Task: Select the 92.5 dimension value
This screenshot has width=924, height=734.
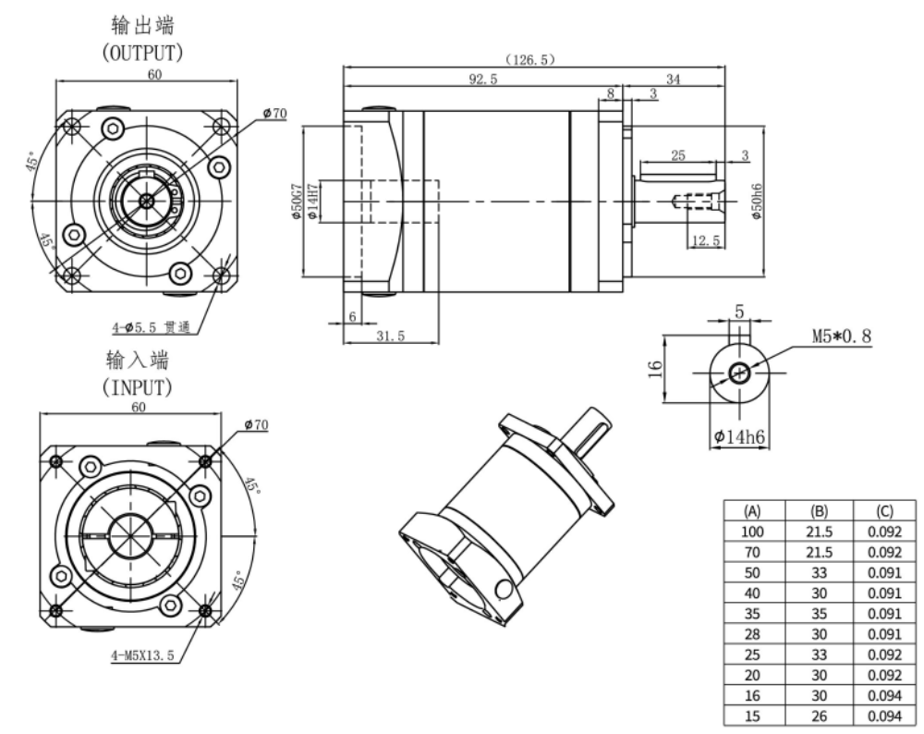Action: tap(482, 80)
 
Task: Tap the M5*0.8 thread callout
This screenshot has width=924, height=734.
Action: tap(841, 336)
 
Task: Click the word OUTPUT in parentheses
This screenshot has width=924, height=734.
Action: tap(142, 53)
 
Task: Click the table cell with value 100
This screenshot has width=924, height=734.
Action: tap(752, 531)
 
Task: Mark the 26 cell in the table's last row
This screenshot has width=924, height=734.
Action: tap(818, 714)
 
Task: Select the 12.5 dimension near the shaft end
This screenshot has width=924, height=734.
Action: tap(706, 241)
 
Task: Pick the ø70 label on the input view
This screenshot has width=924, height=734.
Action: tap(256, 424)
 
